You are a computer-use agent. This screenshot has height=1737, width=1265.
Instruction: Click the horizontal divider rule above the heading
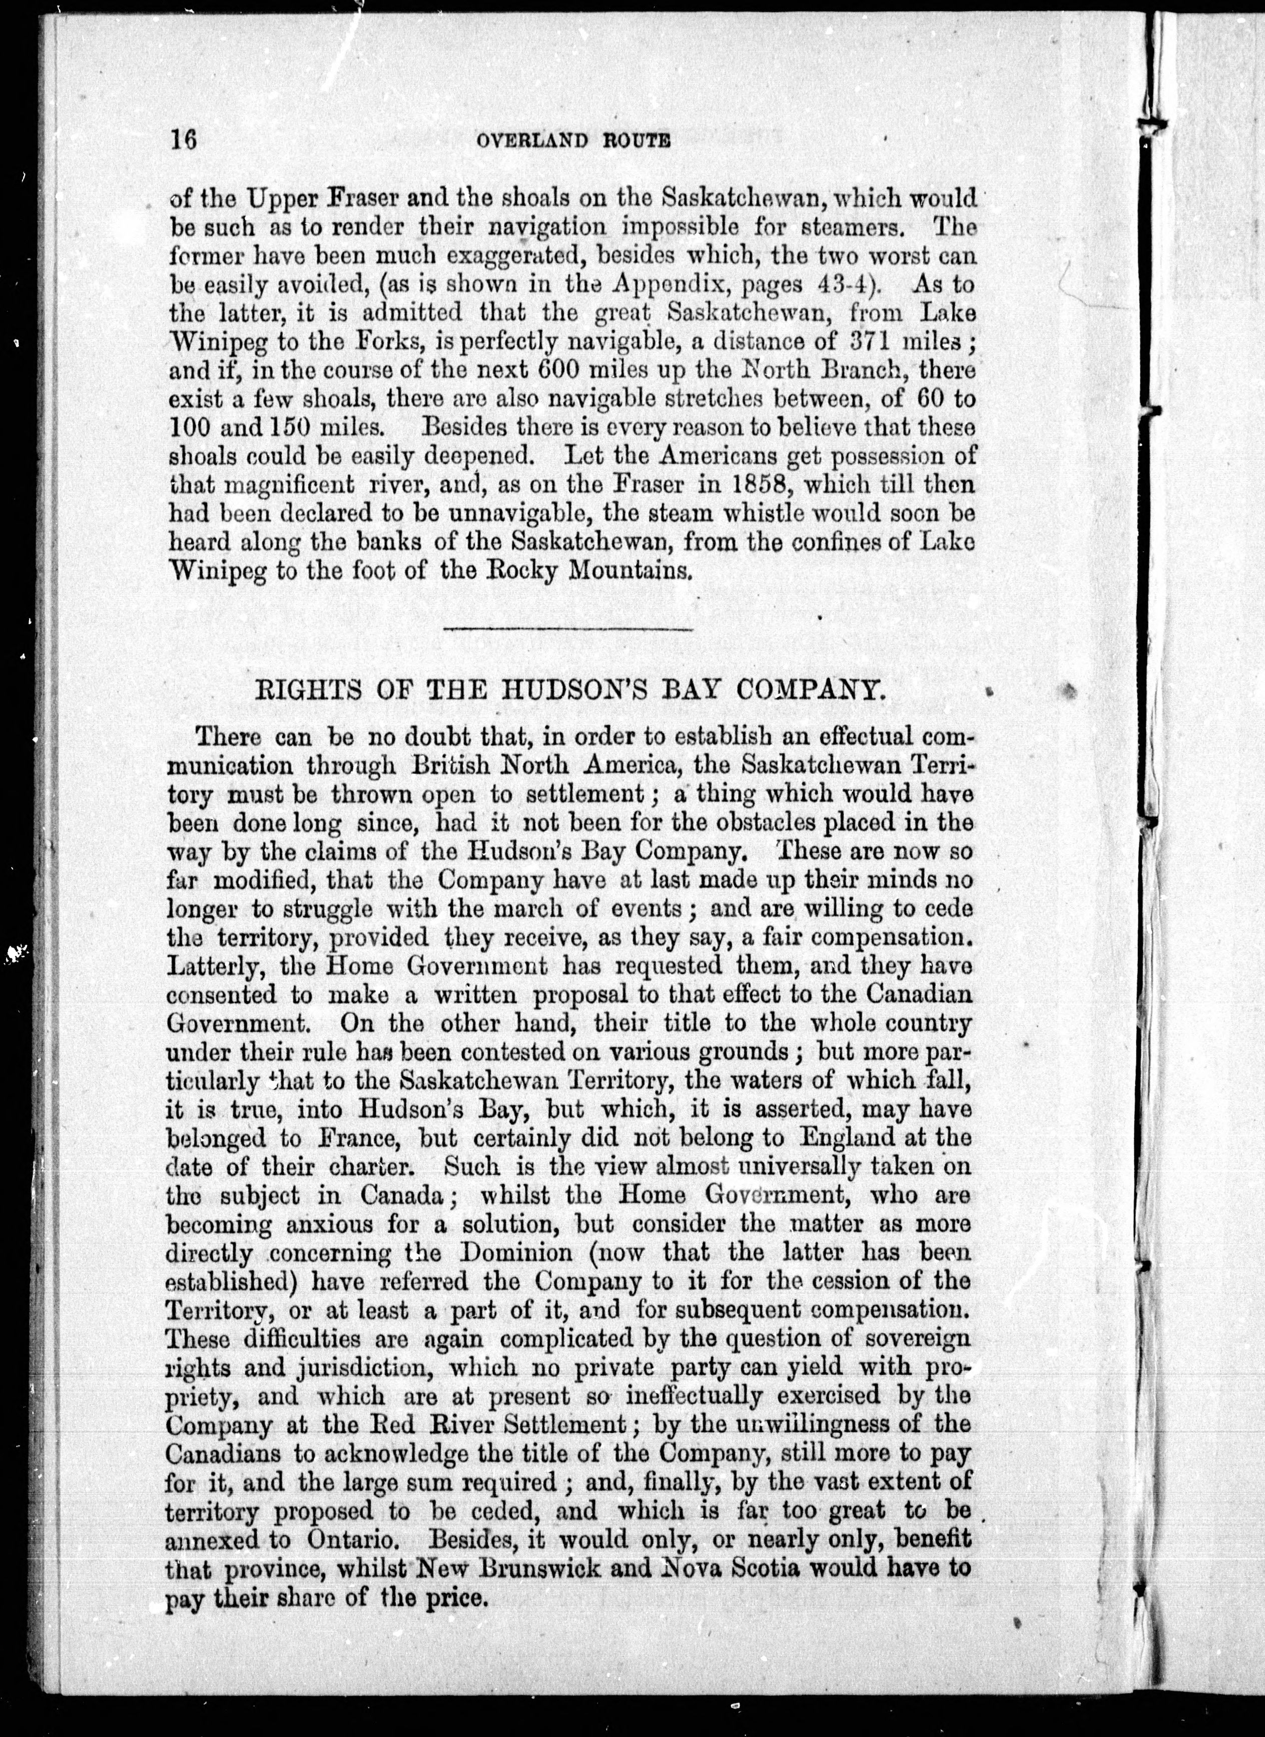click(568, 629)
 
